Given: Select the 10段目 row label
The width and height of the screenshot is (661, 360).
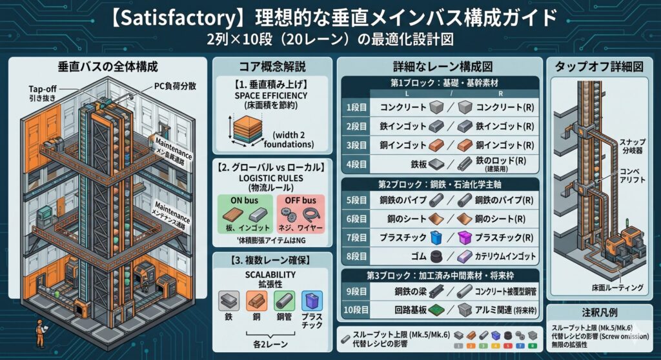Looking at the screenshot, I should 355,310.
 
